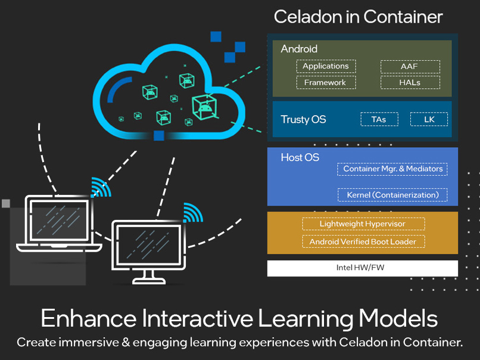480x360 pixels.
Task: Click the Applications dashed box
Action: coord(326,66)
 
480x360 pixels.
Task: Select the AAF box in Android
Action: coord(410,66)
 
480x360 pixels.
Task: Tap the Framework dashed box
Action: coord(326,82)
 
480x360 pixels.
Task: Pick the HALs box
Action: coord(410,82)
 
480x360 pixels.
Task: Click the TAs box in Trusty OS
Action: coord(379,119)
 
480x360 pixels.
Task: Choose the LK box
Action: coord(429,119)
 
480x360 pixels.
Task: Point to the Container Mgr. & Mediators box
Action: coord(392,169)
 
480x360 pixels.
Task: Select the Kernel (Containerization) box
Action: coord(392,195)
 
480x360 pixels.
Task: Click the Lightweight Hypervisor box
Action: coord(363,224)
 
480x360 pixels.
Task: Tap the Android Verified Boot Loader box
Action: coord(363,241)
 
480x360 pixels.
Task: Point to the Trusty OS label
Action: coord(303,120)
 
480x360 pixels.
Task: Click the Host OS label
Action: coord(300,157)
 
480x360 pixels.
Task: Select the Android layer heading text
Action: coord(299,49)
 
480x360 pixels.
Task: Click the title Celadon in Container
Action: coord(358,16)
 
